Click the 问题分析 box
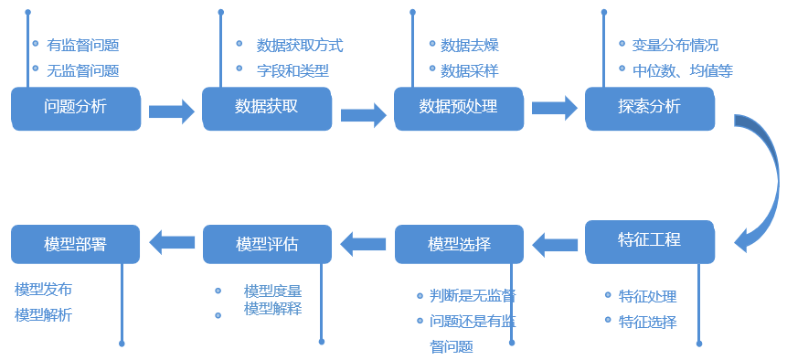76,107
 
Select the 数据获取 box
267,107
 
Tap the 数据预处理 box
458,107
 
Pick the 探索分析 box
649,107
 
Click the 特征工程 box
649,241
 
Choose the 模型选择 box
459,245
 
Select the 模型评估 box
267,245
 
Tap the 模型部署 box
76,245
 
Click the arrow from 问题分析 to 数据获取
171,111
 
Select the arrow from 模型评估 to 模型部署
172,242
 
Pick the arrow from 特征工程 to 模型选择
555,244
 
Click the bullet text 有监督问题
82,44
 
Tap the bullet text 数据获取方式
300,45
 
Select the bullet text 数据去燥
470,45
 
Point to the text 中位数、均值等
682,69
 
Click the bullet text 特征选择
647,321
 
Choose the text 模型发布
43,289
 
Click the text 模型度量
272,291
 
